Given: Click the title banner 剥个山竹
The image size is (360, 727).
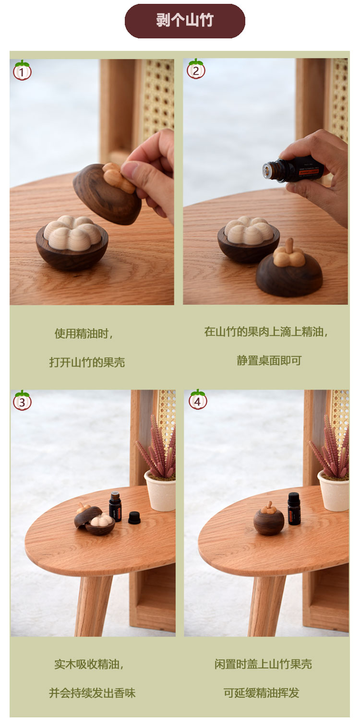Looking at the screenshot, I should coord(185,21).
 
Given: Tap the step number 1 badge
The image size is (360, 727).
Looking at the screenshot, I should coord(22,71).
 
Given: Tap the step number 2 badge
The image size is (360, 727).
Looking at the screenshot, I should coord(195,70).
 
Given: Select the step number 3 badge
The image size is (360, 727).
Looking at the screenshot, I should coord(22,401).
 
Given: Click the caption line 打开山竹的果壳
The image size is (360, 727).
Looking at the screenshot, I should coord(87,362).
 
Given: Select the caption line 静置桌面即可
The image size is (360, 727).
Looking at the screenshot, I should coord(269,360).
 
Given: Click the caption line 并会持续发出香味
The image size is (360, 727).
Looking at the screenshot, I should coord(92,693).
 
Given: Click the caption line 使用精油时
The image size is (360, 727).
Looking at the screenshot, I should coord(84,334).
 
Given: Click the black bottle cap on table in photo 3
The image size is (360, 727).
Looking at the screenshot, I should coord(135,517).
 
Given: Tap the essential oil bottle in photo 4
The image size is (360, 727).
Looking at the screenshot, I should coord(294,509).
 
